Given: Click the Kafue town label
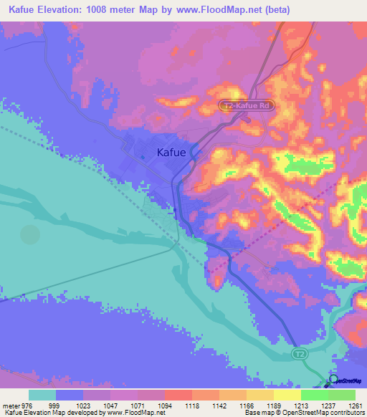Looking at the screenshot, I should [x=172, y=152].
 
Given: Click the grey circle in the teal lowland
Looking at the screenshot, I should [x=30, y=234].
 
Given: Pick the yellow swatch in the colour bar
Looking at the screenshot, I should [x=287, y=395].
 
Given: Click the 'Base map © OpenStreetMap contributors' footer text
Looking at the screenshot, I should [x=305, y=413].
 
